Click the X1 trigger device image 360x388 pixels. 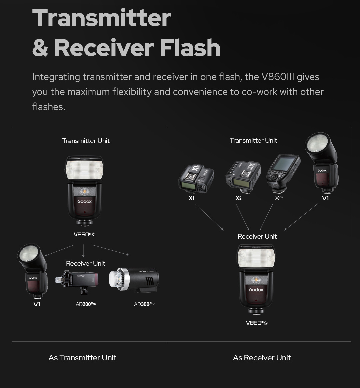(x=196, y=178)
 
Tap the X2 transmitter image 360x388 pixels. (x=243, y=177)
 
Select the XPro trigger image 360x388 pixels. (x=283, y=173)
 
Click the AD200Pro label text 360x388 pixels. (x=86, y=304)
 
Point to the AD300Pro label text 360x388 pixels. (x=144, y=304)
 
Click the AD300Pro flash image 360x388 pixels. (x=134, y=279)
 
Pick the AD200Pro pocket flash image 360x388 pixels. (x=77, y=282)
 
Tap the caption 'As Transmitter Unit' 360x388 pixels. (x=82, y=358)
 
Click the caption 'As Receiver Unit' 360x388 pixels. (x=262, y=358)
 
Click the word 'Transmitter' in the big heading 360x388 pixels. (x=102, y=18)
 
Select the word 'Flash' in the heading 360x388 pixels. (x=190, y=48)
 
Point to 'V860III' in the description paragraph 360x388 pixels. (x=278, y=77)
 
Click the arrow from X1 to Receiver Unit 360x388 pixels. (x=209, y=217)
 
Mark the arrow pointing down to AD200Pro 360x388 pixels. (x=83, y=251)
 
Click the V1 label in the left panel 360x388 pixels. (x=37, y=304)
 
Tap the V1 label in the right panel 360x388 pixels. (x=325, y=198)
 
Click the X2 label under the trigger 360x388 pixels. (x=239, y=198)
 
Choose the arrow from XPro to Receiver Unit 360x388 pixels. (x=266, y=217)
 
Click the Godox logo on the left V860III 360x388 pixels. (x=85, y=201)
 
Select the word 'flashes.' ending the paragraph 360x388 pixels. (x=49, y=107)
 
